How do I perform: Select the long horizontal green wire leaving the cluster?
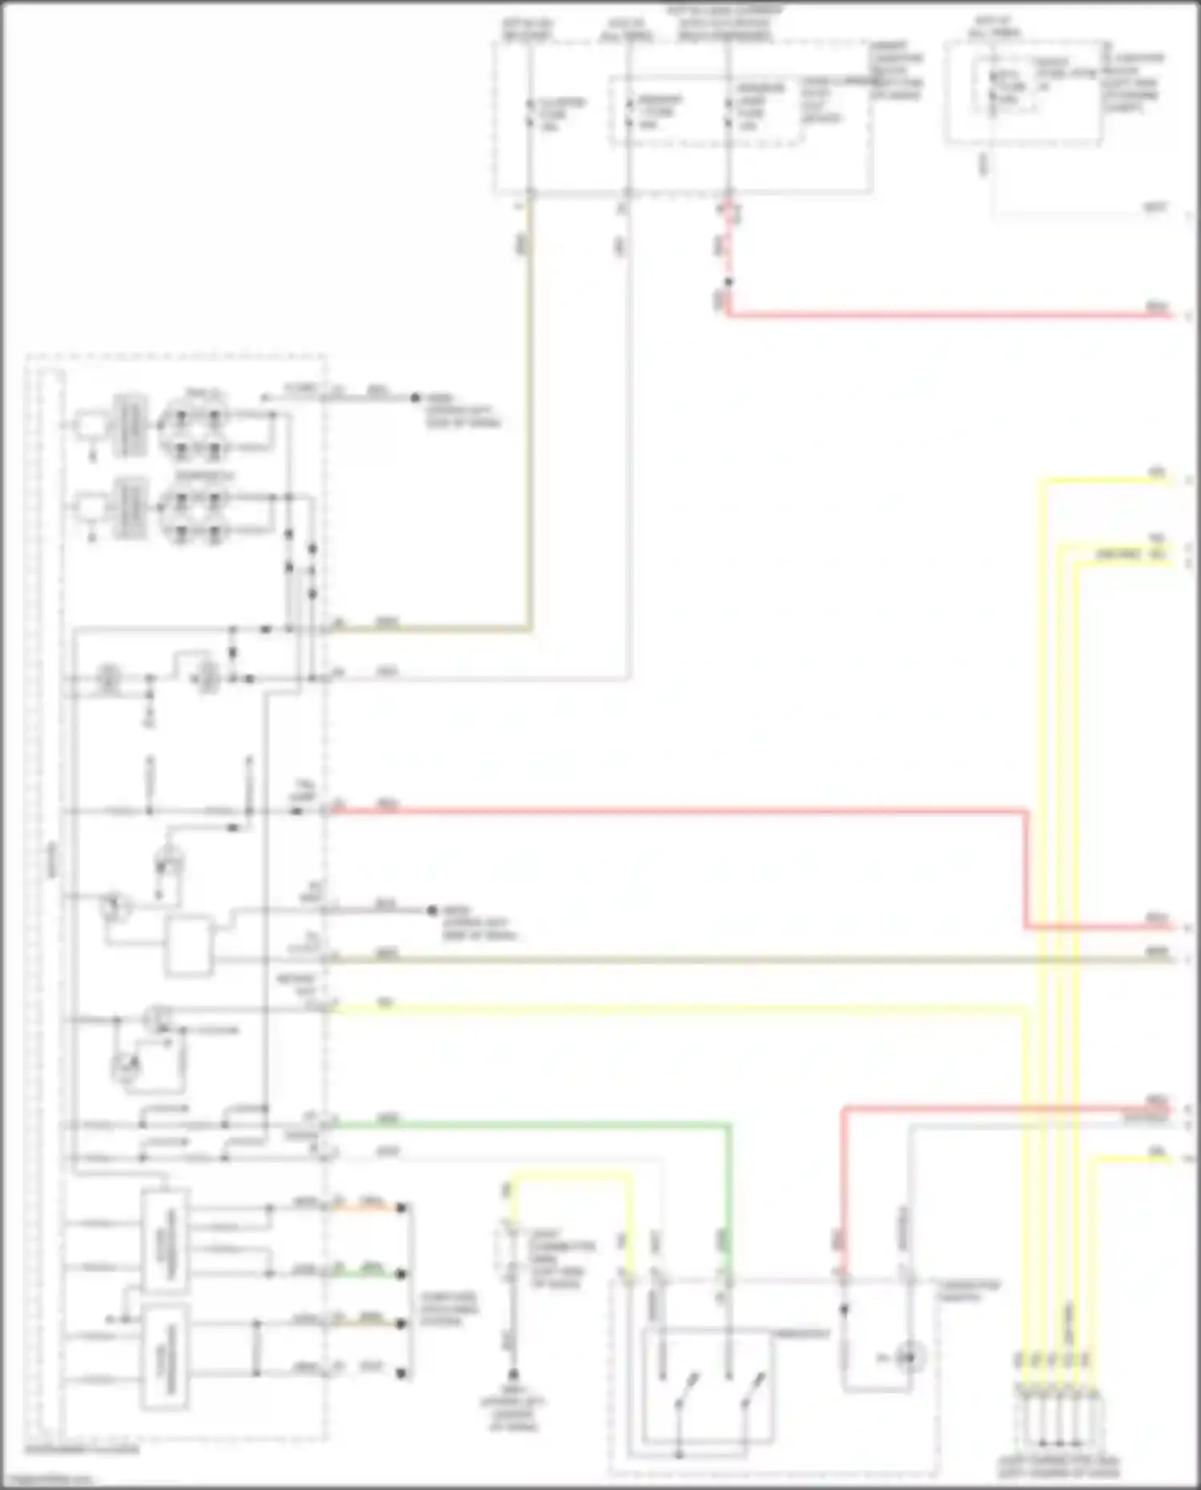[528, 1125]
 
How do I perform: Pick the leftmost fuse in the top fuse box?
[529, 114]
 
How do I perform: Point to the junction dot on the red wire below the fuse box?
[728, 282]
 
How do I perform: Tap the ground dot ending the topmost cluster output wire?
[416, 397]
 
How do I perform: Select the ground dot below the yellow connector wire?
[514, 1374]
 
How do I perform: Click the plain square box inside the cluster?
[189, 946]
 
